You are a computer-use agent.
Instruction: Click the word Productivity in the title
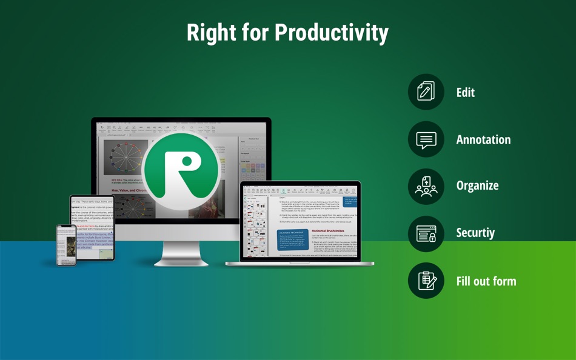point(327,33)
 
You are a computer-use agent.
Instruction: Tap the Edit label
point(465,93)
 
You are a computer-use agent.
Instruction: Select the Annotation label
point(483,140)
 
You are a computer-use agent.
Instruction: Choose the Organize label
point(477,186)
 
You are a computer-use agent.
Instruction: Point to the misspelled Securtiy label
point(475,233)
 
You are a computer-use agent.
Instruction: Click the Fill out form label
point(486,281)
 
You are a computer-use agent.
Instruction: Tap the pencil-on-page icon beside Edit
point(426,92)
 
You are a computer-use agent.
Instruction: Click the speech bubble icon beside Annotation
point(426,139)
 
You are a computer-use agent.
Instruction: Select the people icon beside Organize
point(426,186)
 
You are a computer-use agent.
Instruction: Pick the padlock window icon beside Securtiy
point(426,233)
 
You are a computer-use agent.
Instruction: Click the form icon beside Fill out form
point(426,281)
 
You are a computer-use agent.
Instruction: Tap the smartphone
point(66,245)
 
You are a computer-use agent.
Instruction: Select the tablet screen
point(92,227)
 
